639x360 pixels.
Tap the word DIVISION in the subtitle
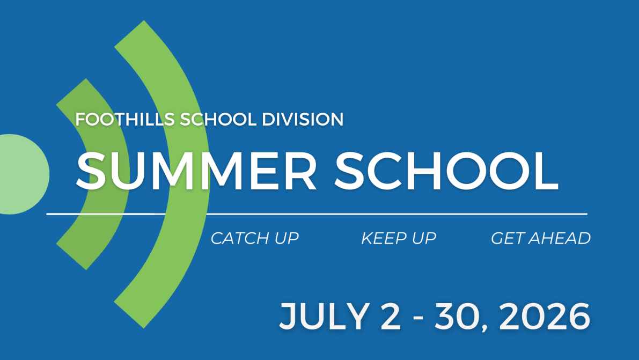[303, 120]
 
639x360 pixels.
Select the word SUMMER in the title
[196, 171]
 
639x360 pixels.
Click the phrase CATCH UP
[255, 238]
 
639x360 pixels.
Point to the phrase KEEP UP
[399, 238]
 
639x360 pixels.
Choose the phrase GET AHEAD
[541, 238]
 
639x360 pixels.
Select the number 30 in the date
[457, 316]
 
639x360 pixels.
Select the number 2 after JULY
[391, 316]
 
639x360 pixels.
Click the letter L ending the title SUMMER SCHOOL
[546, 171]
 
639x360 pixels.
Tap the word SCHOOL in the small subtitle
[218, 120]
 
